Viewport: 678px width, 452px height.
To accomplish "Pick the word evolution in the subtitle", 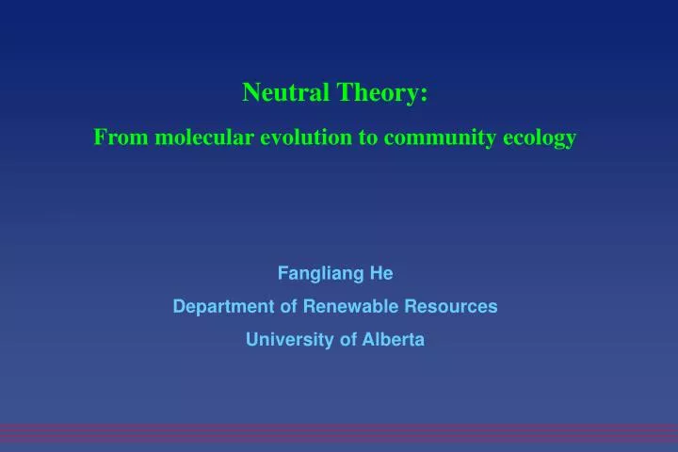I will (x=306, y=137).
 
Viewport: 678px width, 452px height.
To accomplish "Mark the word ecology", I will (x=540, y=137).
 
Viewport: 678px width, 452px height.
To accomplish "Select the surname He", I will (x=382, y=273).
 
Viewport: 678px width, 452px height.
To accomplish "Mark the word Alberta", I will (x=394, y=340).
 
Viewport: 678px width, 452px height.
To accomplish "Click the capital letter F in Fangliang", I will (x=282, y=273).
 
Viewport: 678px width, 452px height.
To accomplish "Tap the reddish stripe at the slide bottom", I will (x=339, y=432).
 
